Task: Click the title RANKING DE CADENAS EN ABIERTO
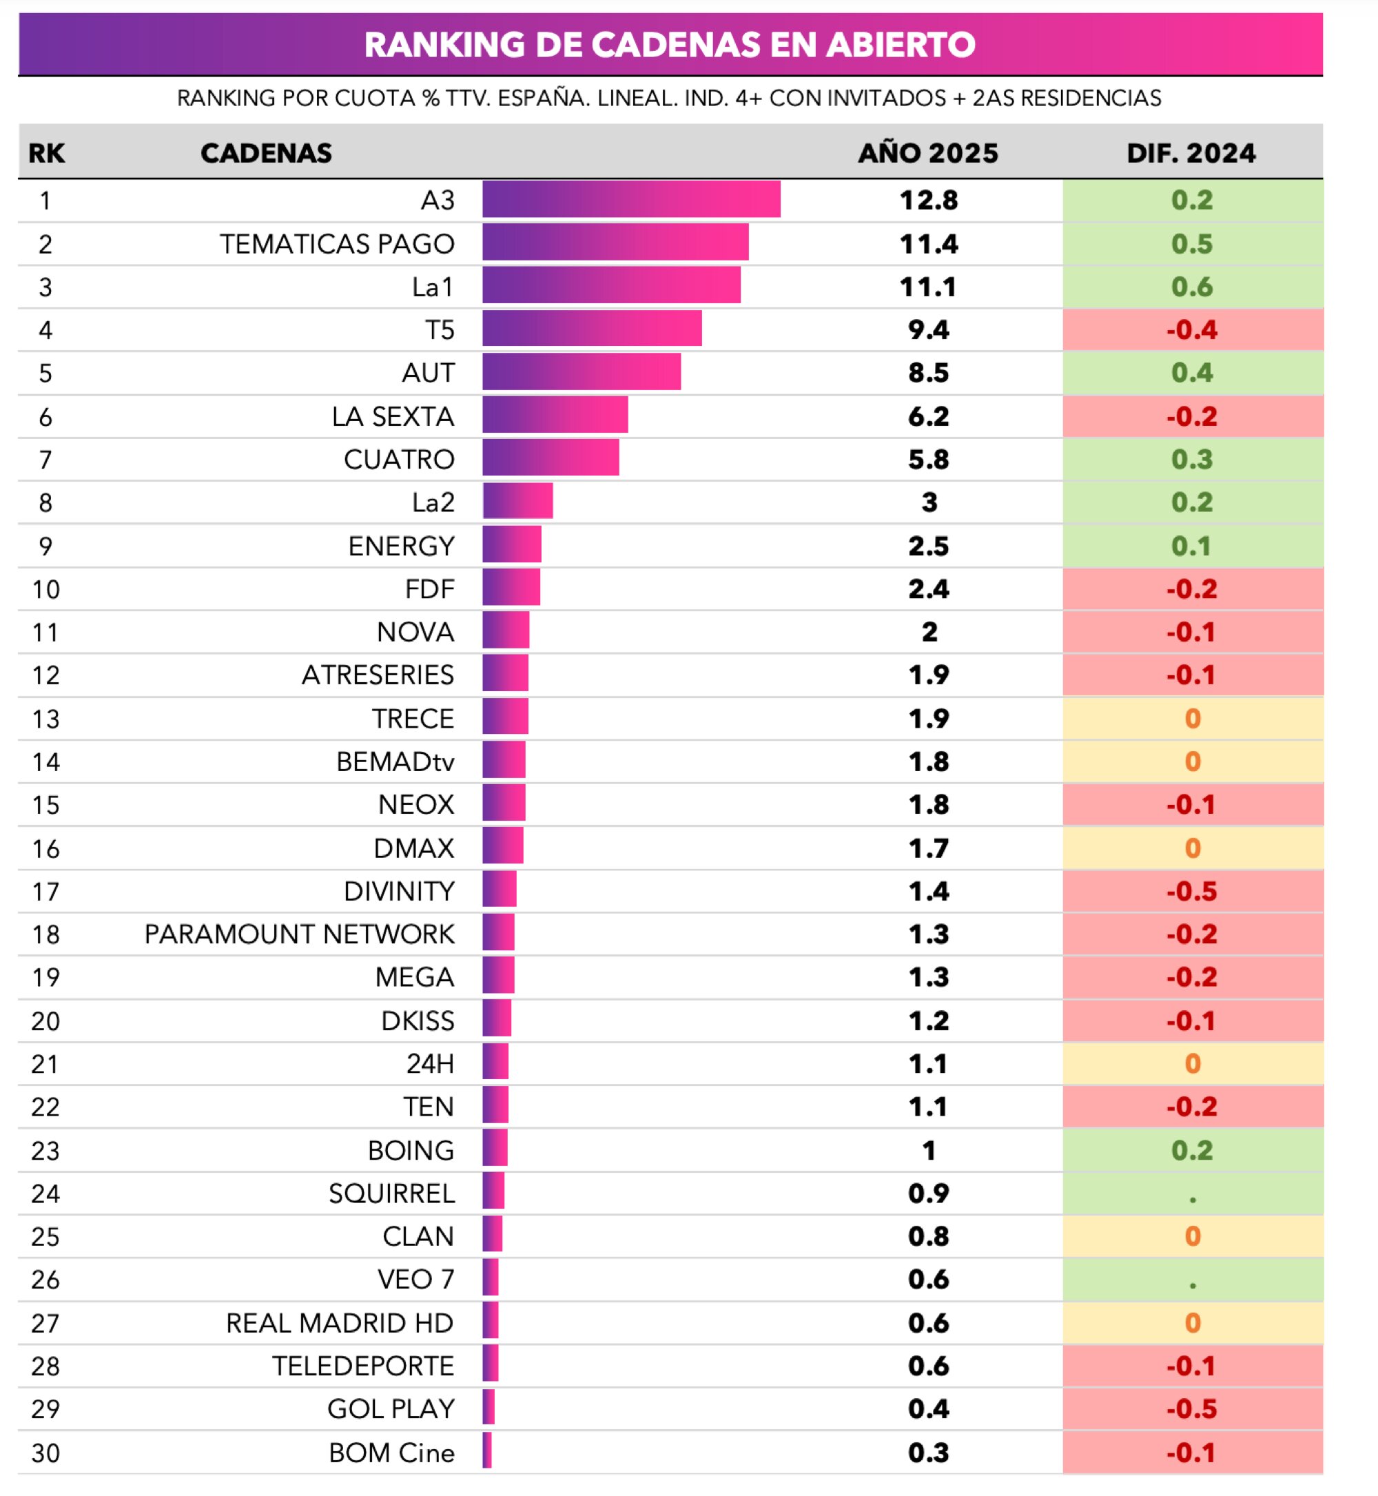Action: tap(669, 45)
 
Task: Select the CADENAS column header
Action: tap(266, 153)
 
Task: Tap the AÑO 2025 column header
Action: tap(927, 153)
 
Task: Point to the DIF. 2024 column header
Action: tap(1191, 153)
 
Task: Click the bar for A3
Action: tap(631, 200)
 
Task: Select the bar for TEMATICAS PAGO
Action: tap(615, 243)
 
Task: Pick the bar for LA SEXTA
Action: tap(555, 416)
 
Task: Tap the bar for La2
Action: tap(517, 501)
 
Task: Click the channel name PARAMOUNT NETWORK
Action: tap(299, 934)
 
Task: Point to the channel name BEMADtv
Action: tap(395, 761)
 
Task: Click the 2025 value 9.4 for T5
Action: tap(928, 329)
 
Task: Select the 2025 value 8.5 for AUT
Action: tap(928, 373)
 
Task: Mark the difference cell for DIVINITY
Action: tap(1191, 891)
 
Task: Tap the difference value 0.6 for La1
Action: tap(1191, 287)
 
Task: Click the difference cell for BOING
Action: tap(1191, 1150)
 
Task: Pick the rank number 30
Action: tap(45, 1453)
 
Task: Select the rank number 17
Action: tap(45, 891)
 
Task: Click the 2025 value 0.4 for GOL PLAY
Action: tap(928, 1408)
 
